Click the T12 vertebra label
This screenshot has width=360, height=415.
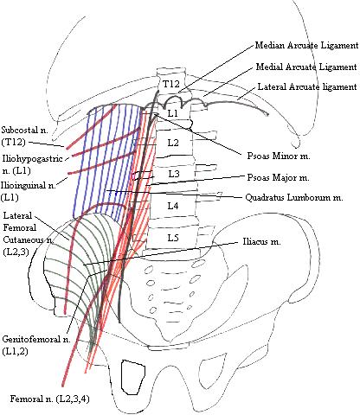(170, 84)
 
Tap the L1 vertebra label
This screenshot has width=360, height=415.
(172, 113)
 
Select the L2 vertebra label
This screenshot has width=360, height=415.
(172, 142)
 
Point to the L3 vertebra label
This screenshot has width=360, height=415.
(173, 174)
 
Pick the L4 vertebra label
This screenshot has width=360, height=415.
(173, 206)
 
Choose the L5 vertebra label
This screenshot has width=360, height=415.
(173, 237)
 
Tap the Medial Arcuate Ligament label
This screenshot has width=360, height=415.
(306, 67)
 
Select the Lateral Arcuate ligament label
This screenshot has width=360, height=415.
(306, 87)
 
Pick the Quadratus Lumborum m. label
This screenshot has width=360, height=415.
(295, 198)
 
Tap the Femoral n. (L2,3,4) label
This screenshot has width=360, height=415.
(51, 399)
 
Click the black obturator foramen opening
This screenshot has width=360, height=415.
(135, 374)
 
